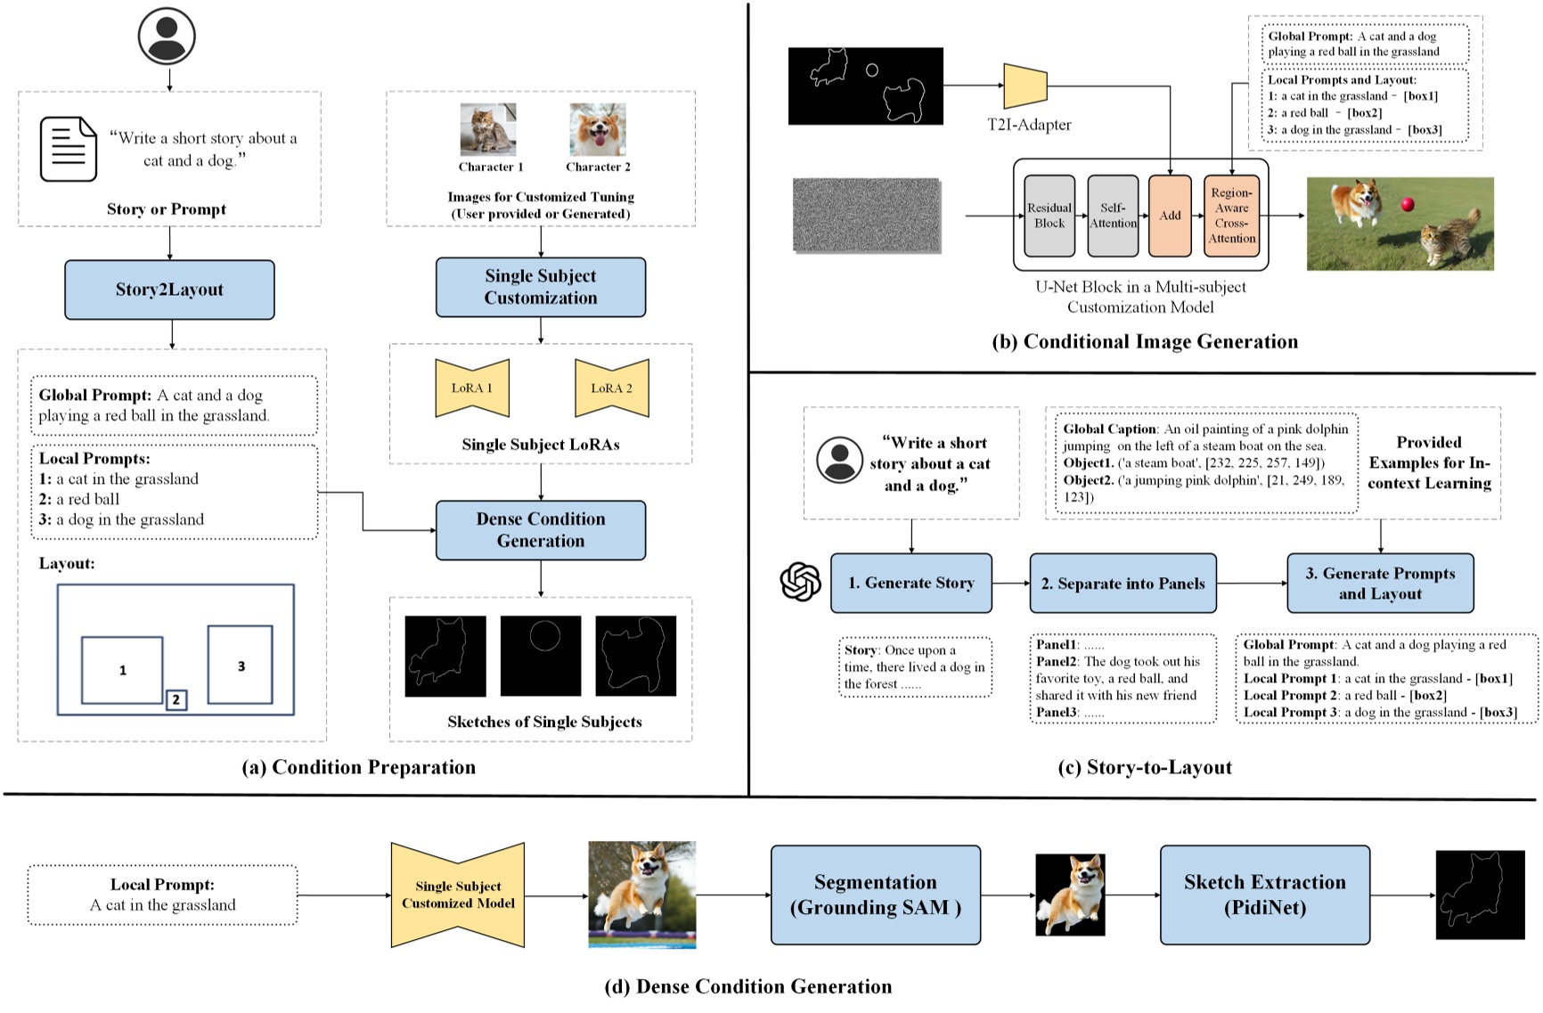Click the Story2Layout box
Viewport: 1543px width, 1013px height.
click(x=169, y=290)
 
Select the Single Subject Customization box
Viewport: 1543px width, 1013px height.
click(x=541, y=287)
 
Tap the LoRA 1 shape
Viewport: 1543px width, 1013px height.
click(x=472, y=388)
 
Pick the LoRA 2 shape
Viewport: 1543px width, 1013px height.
click(x=612, y=388)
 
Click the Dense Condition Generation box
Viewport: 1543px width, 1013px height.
click(x=541, y=530)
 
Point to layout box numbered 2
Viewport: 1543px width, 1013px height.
click(x=176, y=699)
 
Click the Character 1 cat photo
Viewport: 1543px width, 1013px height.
click(x=488, y=130)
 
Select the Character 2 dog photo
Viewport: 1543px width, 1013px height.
click(x=598, y=130)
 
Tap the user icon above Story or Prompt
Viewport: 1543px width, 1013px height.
click(x=167, y=37)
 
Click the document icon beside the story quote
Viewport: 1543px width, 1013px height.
click(x=69, y=149)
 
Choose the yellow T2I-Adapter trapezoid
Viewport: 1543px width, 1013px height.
click(x=1025, y=86)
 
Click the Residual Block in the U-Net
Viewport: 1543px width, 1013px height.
click(x=1049, y=216)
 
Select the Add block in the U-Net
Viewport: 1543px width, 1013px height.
click(x=1170, y=216)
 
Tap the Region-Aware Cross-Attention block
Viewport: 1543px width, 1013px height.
click(x=1232, y=216)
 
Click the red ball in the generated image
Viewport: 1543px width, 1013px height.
click(x=1408, y=205)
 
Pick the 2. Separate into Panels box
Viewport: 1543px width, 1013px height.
click(x=1123, y=584)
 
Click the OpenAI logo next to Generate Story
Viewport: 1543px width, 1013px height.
click(x=801, y=583)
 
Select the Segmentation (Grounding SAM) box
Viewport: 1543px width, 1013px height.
click(x=876, y=895)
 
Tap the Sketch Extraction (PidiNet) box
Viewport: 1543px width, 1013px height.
click(x=1265, y=895)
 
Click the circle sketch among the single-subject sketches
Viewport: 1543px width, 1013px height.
click(x=544, y=636)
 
